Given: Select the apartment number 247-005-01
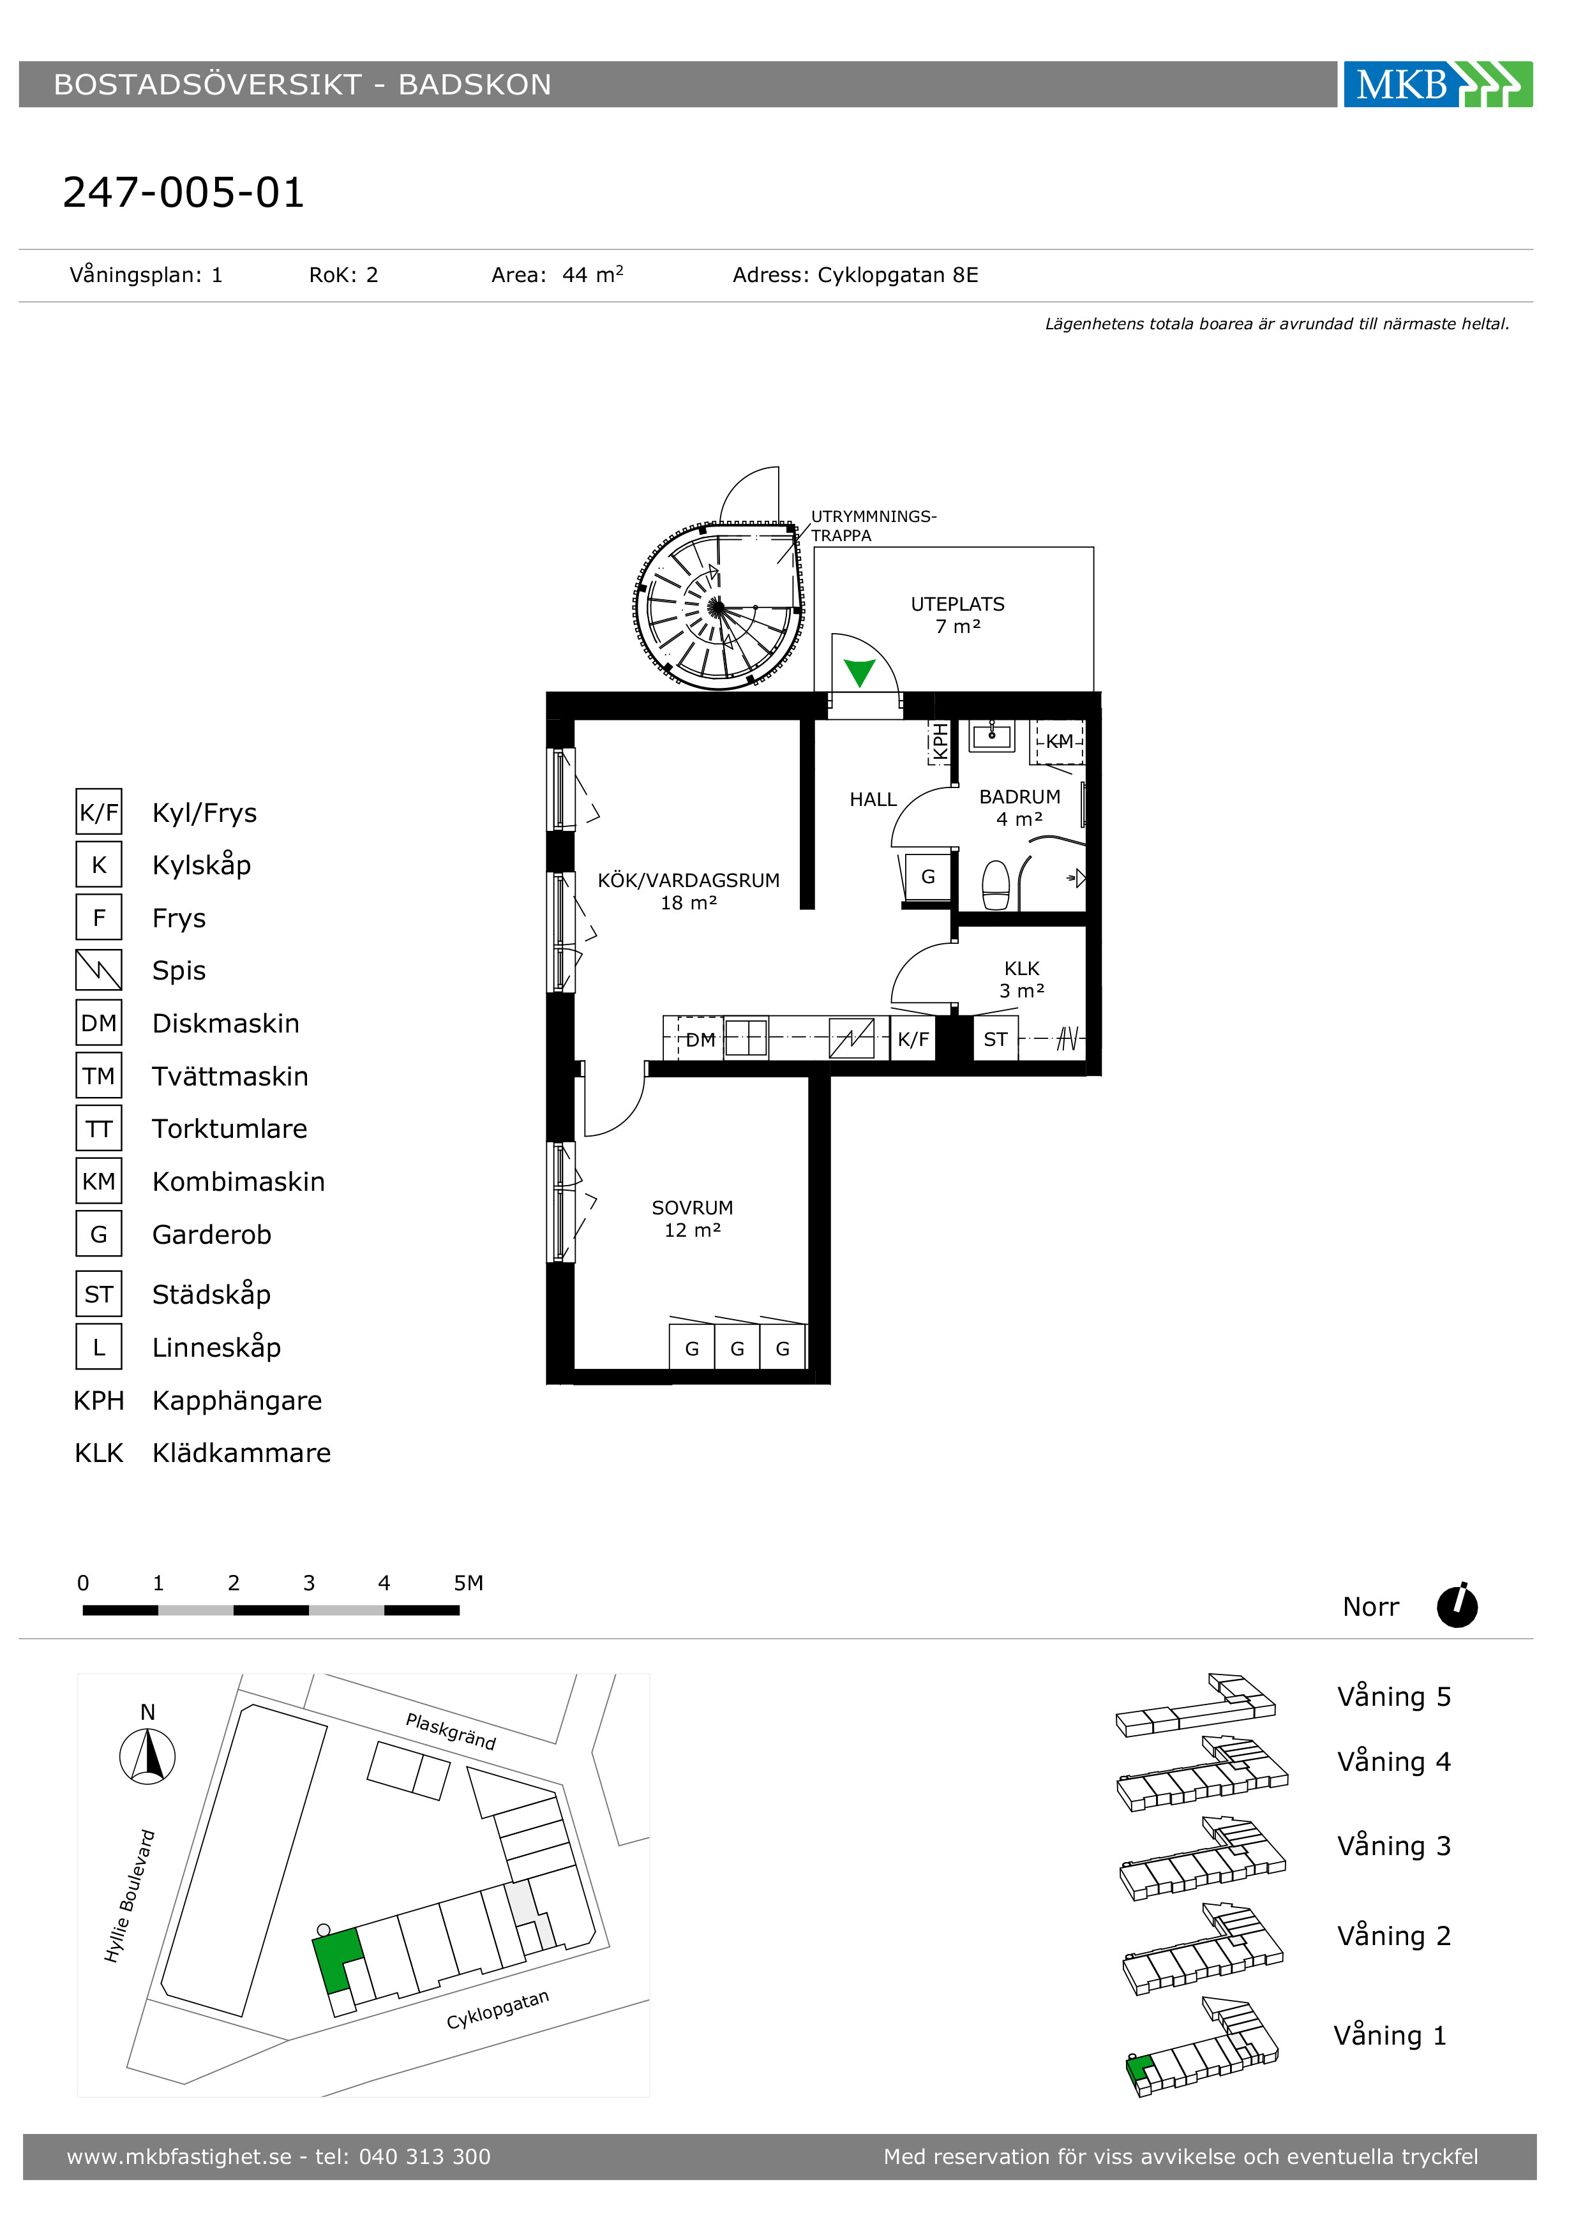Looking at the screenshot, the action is (183, 193).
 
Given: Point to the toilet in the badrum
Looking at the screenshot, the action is (995, 884).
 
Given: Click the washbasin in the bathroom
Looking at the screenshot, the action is (993, 736).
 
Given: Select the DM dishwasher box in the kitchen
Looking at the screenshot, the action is (700, 1039).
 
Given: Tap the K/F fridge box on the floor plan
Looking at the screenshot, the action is (913, 1039).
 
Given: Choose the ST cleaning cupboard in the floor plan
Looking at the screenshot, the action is (995, 1039).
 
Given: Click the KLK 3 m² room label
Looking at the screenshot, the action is (1021, 979).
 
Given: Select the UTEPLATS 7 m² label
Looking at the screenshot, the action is (957, 614).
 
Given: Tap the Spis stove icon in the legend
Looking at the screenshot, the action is (98, 970).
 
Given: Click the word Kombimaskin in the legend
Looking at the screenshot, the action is (239, 1181).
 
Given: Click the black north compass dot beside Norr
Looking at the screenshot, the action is (1457, 1606).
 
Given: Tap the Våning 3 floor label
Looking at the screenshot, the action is (1394, 1845).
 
